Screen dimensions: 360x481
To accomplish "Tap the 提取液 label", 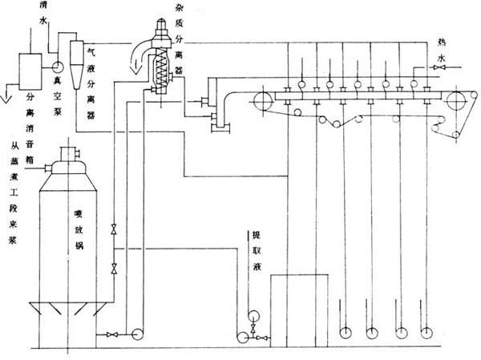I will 255,249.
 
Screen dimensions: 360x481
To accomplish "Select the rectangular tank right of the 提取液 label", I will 299,309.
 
